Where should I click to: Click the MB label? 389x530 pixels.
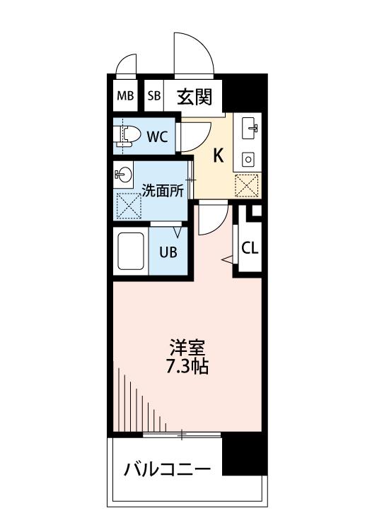tap(125, 96)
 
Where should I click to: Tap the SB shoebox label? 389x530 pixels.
tap(154, 96)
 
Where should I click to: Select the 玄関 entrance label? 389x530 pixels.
tap(194, 97)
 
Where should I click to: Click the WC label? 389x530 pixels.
tap(157, 137)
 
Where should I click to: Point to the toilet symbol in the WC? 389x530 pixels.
tap(128, 136)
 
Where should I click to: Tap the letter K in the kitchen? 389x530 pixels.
tap(218, 156)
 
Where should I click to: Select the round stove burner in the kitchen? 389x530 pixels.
tap(249, 159)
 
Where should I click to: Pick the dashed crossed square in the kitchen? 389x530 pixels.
tap(247, 186)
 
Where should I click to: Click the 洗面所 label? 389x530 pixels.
tap(163, 191)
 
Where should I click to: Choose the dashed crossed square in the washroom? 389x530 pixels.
tap(129, 206)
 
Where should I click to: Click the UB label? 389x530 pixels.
tap(168, 252)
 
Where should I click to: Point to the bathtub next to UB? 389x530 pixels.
tap(131, 251)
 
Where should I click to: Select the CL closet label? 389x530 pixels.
tap(250, 249)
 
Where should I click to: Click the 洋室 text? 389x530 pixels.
tap(187, 348)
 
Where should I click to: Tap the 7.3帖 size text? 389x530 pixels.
tap(187, 366)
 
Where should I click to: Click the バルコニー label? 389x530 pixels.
tap(167, 469)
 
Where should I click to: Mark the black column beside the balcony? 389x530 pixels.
tap(245, 454)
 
